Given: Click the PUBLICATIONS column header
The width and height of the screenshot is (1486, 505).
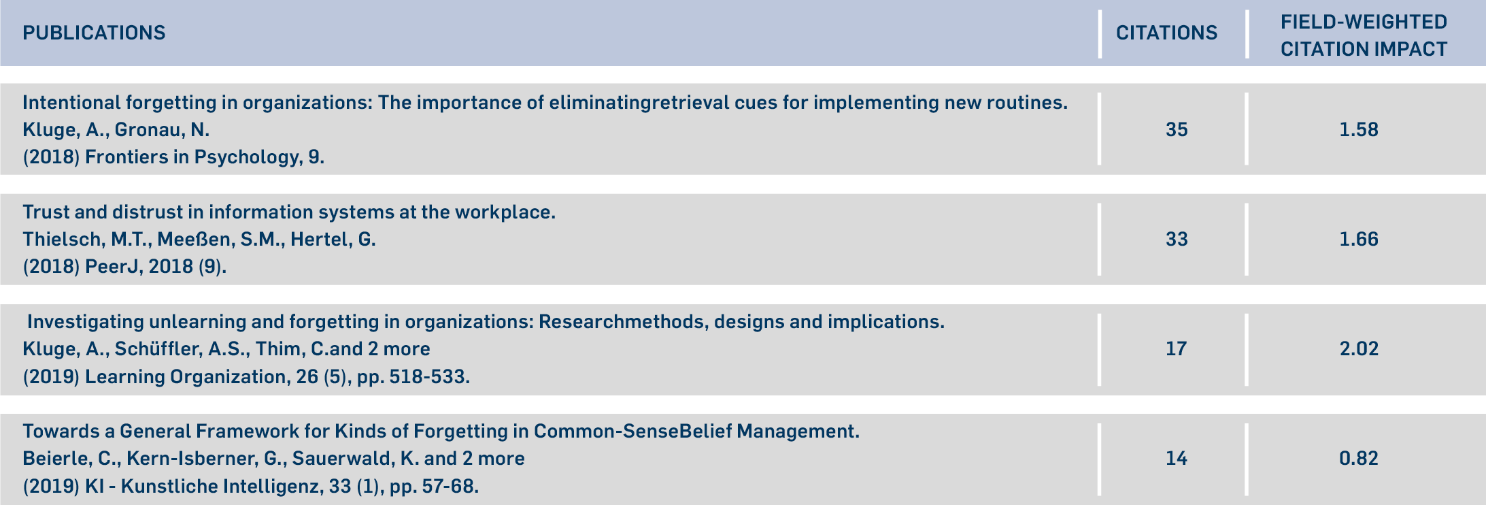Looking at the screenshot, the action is click(x=94, y=33).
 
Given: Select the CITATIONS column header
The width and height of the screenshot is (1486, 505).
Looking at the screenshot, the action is click(x=1166, y=33).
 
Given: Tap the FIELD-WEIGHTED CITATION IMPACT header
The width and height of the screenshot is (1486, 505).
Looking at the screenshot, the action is click(x=1364, y=35).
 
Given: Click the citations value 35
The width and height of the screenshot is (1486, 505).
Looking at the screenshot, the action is click(x=1177, y=129).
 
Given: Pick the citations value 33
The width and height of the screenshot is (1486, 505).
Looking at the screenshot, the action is click(x=1177, y=239).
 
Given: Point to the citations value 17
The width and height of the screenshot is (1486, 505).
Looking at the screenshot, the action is click(x=1177, y=348).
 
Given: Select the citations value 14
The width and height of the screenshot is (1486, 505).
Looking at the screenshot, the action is click(x=1177, y=458).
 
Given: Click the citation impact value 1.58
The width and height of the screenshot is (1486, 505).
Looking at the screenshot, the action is click(x=1359, y=129).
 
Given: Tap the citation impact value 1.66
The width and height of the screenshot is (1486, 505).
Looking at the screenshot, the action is click(x=1359, y=239).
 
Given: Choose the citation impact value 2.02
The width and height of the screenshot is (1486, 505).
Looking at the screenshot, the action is click(x=1359, y=348).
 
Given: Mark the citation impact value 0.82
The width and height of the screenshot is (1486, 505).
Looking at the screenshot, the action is click(x=1359, y=458).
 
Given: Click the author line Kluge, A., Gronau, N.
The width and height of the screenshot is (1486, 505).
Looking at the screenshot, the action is click(x=116, y=130).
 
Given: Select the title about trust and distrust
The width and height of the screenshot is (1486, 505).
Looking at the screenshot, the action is click(x=289, y=212).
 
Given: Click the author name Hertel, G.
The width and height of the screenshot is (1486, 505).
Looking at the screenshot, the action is click(x=333, y=240).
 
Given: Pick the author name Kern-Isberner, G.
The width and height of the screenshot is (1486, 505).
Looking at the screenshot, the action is click(x=207, y=459).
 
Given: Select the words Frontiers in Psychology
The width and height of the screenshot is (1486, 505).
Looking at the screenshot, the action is click(x=192, y=157).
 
